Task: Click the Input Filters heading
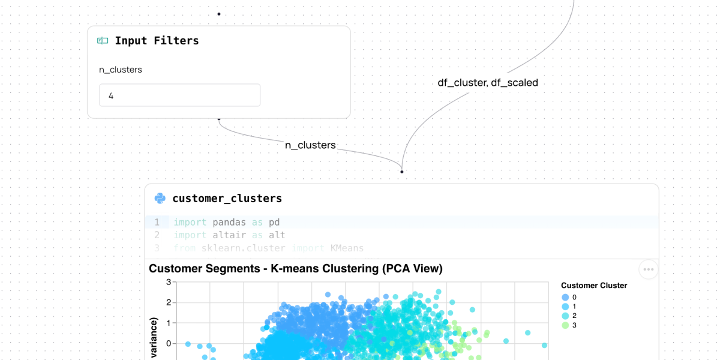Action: coord(157,41)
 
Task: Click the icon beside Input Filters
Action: coord(103,41)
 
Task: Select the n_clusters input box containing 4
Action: coord(179,95)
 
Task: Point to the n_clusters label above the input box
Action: coord(121,70)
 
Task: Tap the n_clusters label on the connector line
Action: coord(310,145)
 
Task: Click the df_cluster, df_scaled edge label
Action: coord(488,83)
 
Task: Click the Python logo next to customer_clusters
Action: coord(160,199)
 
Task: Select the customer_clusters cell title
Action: coord(227,199)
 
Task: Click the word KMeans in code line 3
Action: coord(347,248)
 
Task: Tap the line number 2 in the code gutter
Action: coord(157,235)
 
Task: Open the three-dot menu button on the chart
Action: coord(648,269)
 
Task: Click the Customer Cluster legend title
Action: coord(594,286)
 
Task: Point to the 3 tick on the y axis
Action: coord(169,282)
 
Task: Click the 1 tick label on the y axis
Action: coord(169,323)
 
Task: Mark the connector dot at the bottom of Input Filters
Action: coord(219,119)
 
